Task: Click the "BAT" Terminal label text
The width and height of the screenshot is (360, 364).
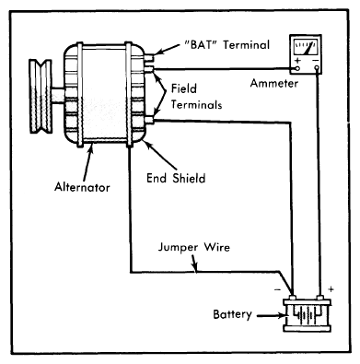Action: click(x=227, y=45)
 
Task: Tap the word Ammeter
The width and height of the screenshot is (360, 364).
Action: click(x=274, y=83)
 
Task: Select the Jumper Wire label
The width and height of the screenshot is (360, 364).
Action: click(x=193, y=247)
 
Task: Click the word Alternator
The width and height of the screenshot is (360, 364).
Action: click(x=82, y=187)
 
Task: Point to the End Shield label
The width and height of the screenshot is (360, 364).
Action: click(x=176, y=178)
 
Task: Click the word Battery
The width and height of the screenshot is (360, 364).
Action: click(x=233, y=314)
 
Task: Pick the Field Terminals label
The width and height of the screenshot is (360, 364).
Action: click(x=196, y=97)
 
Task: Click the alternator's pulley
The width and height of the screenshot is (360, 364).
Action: click(x=41, y=97)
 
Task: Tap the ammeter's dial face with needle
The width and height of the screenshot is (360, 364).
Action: click(x=307, y=47)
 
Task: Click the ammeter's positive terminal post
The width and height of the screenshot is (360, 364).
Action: click(x=297, y=68)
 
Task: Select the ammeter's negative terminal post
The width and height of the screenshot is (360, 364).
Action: click(x=317, y=68)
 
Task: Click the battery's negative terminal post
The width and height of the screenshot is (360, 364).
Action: click(x=293, y=298)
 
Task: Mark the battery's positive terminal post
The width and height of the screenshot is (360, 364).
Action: click(x=320, y=298)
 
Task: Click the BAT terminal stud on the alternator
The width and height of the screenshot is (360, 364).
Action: click(x=149, y=57)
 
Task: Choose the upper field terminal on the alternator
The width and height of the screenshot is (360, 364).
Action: click(x=149, y=69)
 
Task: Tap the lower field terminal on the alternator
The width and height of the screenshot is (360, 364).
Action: click(x=149, y=120)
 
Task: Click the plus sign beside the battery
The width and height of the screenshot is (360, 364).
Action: click(x=331, y=289)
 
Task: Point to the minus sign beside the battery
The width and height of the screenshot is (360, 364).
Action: click(x=277, y=289)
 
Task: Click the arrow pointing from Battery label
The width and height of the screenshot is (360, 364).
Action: click(x=271, y=315)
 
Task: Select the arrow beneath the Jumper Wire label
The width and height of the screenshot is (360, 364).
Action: click(x=193, y=264)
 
